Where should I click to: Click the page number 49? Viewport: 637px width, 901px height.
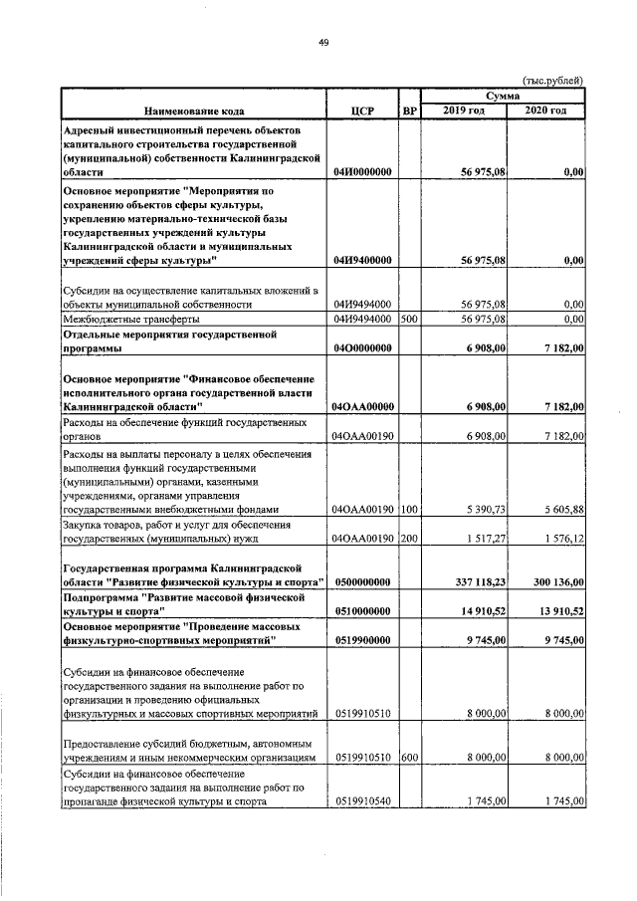tap(322, 42)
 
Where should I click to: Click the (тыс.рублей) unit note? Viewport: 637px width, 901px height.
tap(552, 80)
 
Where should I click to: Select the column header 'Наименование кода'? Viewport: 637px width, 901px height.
tap(193, 111)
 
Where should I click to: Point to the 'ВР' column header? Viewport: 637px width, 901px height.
tap(409, 111)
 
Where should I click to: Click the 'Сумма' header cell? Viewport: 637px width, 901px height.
tap(503, 94)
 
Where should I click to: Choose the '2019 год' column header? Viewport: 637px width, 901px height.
tap(464, 110)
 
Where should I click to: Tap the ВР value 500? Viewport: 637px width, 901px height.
tap(408, 320)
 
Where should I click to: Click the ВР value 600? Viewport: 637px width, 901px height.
tap(408, 758)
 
